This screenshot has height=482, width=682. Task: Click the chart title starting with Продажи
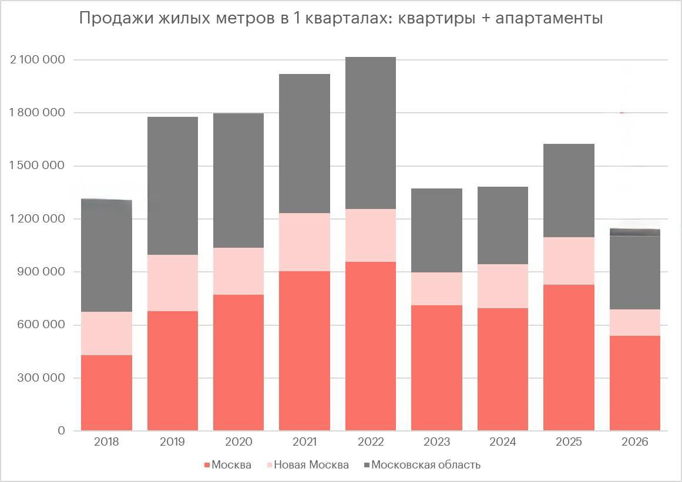tap(341, 19)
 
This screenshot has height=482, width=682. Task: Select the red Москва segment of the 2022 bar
tap(370, 346)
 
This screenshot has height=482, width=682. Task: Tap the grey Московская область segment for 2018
tap(106, 255)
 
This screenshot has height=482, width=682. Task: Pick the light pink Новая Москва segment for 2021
tap(304, 242)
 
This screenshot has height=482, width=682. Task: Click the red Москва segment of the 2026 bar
tap(634, 383)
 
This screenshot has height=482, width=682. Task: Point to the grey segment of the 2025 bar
tap(569, 191)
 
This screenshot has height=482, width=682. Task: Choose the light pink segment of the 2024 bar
tap(502, 286)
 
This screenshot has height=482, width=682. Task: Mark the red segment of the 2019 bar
tap(172, 370)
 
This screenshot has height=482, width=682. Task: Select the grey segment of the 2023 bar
tap(436, 230)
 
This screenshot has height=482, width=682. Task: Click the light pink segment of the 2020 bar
tap(238, 271)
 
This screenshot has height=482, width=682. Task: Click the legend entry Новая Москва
tap(311, 465)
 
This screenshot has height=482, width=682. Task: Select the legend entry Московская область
tap(425, 465)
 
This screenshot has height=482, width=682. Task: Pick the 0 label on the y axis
tap(61, 431)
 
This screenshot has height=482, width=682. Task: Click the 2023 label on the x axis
tap(436, 442)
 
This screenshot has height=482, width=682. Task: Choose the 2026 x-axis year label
tap(634, 442)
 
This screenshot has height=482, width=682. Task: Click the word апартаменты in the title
tap(549, 19)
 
